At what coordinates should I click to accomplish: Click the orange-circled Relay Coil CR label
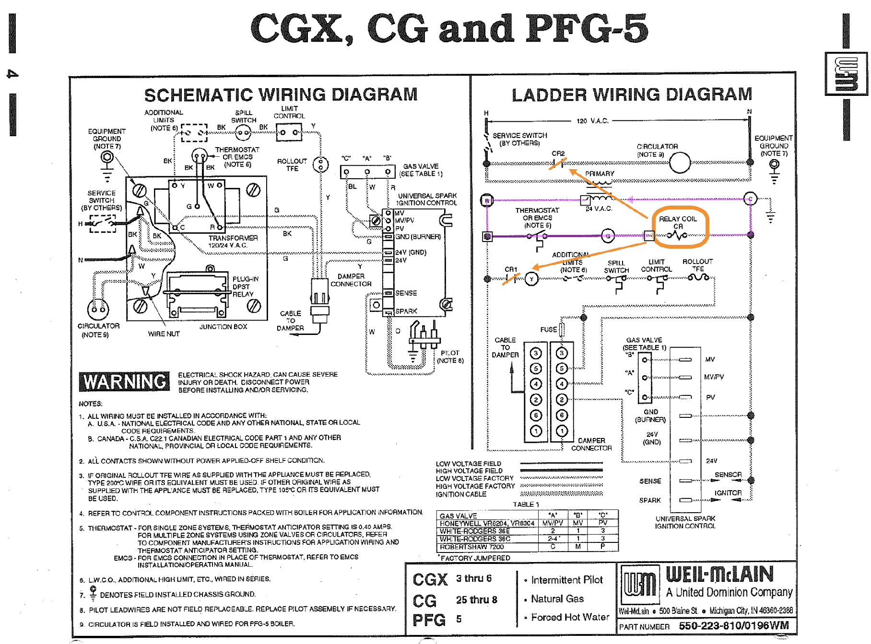(678, 222)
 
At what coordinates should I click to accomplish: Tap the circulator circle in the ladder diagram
(679, 162)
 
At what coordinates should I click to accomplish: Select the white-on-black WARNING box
(124, 382)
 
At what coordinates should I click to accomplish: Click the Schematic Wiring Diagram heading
(281, 94)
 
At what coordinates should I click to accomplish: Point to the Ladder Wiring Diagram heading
(631, 94)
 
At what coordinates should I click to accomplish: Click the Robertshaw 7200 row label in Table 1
(471, 547)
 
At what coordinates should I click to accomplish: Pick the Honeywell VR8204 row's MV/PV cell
(553, 523)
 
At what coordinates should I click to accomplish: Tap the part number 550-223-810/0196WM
(733, 626)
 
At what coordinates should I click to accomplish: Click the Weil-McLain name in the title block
(719, 574)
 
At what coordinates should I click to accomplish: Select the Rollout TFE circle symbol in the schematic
(320, 165)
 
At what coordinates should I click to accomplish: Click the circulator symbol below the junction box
(98, 310)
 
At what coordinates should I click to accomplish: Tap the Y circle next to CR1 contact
(531, 279)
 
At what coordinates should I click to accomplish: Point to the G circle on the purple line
(608, 236)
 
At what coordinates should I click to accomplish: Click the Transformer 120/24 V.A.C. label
(233, 241)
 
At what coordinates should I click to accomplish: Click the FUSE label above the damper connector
(548, 330)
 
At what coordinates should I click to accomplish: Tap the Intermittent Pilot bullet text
(566, 580)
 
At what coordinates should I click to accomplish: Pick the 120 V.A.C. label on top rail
(592, 121)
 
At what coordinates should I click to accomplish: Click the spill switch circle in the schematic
(243, 132)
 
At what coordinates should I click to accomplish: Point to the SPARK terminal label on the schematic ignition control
(406, 311)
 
